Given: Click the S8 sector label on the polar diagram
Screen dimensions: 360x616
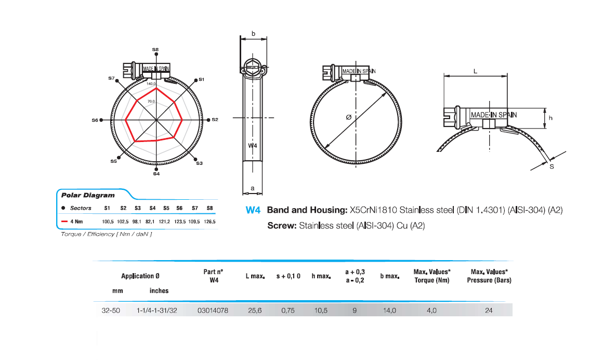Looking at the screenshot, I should (x=155, y=50).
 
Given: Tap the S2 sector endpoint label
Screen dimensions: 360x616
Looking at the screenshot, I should (x=215, y=120).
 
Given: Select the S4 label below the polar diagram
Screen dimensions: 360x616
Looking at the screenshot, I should (x=156, y=174).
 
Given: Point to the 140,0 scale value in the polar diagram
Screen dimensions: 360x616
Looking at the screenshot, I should (x=151, y=84).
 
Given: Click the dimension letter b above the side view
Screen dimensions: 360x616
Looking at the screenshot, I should (x=253, y=34).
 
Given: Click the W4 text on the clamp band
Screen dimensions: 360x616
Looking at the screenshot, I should (x=253, y=146).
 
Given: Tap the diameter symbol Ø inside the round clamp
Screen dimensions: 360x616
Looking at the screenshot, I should (x=348, y=118).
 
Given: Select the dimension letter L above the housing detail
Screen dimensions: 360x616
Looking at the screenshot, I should (x=476, y=72).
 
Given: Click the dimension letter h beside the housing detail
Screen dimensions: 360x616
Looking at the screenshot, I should (x=551, y=118).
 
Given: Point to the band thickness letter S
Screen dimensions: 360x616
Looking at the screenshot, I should (x=552, y=166).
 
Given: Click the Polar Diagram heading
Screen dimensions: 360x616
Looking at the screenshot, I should (x=81, y=196).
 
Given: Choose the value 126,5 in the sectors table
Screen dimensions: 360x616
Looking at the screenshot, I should (x=210, y=222).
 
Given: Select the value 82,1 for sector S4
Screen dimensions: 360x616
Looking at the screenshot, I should (x=152, y=222).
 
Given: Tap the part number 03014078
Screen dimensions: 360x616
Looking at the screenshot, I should (x=213, y=310).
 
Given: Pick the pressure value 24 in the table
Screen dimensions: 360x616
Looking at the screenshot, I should (x=489, y=310).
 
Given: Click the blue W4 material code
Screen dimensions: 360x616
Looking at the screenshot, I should (x=253, y=211).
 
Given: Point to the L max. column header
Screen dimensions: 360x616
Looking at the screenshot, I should (x=255, y=276).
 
